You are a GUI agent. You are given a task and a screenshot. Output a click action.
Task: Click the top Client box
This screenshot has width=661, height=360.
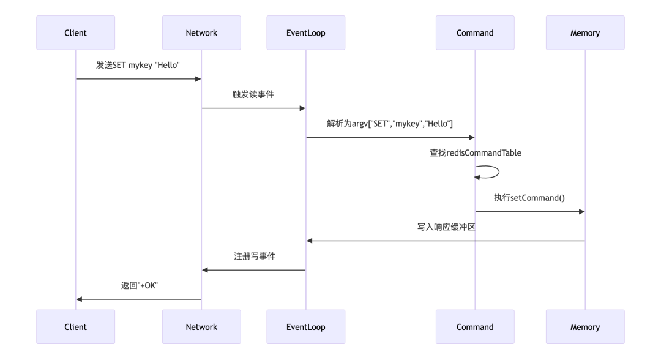[75, 33]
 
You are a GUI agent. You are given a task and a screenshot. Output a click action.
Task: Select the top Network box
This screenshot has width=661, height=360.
[201, 33]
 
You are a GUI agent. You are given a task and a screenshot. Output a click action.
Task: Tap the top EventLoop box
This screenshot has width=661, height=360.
[305, 33]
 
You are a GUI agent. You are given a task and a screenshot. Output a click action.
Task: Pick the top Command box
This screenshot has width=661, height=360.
[475, 33]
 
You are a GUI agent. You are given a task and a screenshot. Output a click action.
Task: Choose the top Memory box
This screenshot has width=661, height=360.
[585, 33]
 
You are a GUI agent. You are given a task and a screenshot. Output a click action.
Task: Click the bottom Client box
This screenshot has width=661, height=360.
[75, 327]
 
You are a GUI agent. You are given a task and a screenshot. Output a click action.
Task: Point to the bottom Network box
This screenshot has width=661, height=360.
[201, 327]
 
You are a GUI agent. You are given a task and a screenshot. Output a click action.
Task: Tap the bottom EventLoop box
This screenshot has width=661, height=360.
[305, 327]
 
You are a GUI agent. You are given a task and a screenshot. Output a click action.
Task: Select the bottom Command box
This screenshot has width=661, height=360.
[475, 327]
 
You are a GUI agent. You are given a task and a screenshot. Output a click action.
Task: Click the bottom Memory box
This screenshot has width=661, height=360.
[585, 327]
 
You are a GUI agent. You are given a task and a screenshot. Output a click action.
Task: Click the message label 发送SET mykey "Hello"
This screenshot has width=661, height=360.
[138, 65]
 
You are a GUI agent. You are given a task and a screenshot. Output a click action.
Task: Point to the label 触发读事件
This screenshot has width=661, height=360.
[253, 94]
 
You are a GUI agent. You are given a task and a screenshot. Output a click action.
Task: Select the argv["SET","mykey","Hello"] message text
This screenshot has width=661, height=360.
[390, 124]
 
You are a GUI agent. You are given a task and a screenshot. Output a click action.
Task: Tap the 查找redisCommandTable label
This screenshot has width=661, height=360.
[476, 152]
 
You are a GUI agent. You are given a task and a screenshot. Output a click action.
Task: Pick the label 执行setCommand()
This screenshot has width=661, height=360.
[529, 198]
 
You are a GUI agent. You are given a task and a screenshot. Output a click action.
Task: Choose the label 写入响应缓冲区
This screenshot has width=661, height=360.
[446, 227]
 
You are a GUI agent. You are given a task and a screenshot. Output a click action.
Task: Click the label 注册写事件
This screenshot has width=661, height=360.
[255, 256]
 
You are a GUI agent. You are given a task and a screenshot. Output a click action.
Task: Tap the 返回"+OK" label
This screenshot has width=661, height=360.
[139, 285]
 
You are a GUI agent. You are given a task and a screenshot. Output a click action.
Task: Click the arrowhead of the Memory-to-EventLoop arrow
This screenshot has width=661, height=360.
[309, 241]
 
